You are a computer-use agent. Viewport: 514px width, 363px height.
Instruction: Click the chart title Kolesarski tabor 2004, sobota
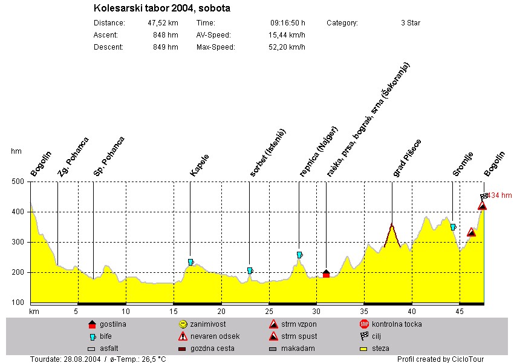162,8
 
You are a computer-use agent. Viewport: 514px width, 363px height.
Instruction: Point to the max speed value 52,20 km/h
287,47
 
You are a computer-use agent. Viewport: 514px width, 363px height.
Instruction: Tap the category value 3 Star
411,23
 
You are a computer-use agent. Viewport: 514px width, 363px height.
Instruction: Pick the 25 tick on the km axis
268,311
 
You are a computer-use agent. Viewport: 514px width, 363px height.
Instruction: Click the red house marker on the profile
326,273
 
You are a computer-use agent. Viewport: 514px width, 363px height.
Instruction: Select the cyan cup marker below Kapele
190,262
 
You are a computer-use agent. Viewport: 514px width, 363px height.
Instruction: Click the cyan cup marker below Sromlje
453,227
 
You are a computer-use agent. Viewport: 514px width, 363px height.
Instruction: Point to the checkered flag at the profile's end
484,197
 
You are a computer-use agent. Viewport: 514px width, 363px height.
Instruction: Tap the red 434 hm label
501,195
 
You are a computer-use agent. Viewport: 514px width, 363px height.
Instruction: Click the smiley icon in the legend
183,324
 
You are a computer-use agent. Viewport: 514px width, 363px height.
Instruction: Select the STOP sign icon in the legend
364,324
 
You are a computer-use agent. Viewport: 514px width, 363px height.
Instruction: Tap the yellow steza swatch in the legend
364,348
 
